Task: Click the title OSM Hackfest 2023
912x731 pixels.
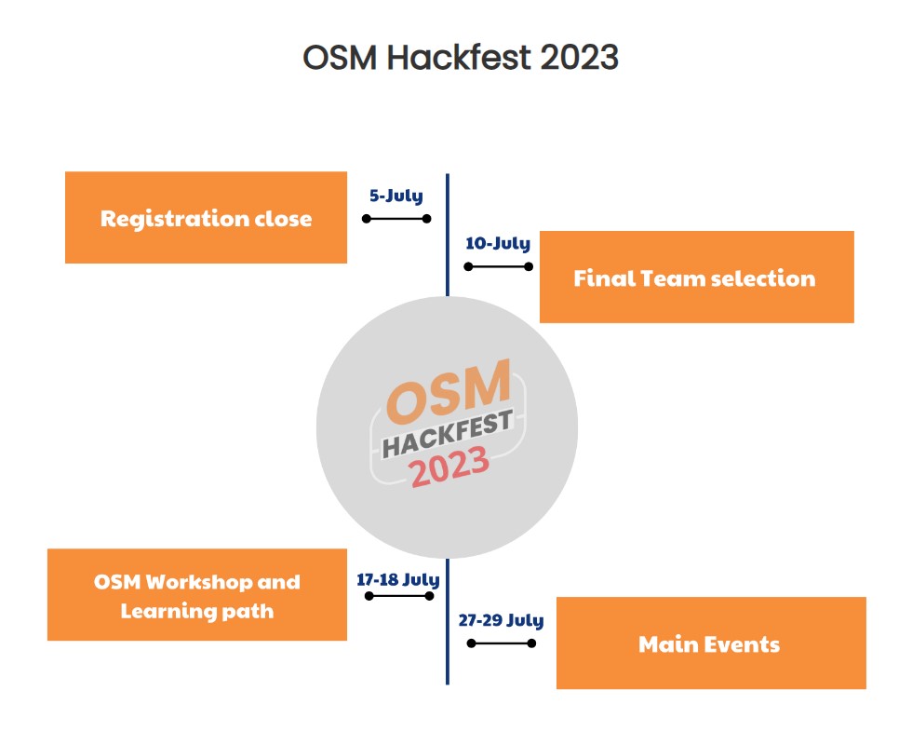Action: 460,58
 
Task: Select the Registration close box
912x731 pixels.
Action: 206,217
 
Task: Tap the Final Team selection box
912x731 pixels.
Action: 697,278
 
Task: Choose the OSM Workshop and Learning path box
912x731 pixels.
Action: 197,595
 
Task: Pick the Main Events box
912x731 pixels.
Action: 711,643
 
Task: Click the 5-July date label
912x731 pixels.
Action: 396,196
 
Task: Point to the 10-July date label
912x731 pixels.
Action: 498,243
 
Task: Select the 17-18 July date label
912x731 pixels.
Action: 398,579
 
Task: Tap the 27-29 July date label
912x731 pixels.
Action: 501,620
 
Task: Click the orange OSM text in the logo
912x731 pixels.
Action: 449,392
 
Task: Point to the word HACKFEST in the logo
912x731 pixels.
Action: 448,434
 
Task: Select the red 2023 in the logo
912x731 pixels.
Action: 449,467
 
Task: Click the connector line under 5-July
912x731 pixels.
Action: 396,219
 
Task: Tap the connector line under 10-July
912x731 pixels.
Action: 499,266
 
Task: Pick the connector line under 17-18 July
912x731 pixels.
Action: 399,596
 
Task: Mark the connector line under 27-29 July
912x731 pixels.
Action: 502,643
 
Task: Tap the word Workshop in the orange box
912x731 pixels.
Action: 198,581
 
